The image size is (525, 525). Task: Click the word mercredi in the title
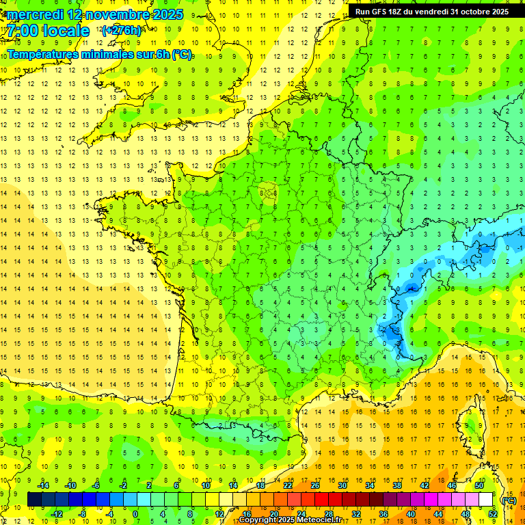tap(36, 14)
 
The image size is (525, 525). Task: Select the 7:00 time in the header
tap(22, 31)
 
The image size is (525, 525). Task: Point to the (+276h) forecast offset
tap(122, 31)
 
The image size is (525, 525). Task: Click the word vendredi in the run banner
tap(428, 12)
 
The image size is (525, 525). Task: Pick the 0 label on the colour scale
tap(135, 513)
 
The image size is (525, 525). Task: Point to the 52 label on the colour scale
tap(492, 513)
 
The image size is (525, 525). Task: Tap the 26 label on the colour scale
tap(314, 485)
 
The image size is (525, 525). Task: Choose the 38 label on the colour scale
tap(396, 485)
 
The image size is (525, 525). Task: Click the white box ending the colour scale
tap(486, 499)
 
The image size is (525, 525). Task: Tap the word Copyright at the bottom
tap(257, 520)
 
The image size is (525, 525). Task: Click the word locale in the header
tap(66, 31)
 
